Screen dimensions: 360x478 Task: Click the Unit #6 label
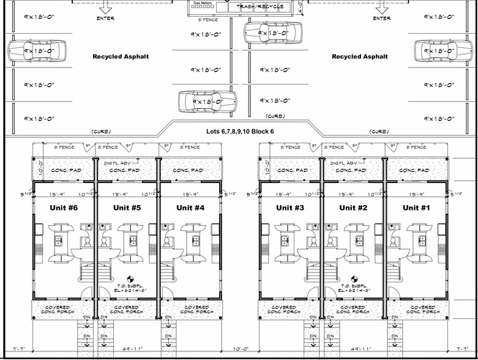tap(63, 208)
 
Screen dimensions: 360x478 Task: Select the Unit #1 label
tap(416, 208)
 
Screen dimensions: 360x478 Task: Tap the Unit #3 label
tap(289, 208)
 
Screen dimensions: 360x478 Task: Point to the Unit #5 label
tap(127, 208)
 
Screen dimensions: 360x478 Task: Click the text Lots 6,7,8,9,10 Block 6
tap(239, 132)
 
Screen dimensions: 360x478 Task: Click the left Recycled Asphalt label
tap(121, 57)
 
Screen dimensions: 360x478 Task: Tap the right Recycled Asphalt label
tap(360, 57)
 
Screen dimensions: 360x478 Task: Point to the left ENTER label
tap(105, 18)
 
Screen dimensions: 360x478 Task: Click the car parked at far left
tap(38, 50)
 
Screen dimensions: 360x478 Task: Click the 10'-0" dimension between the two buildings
tap(241, 350)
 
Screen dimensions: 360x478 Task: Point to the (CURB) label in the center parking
tap(275, 116)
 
